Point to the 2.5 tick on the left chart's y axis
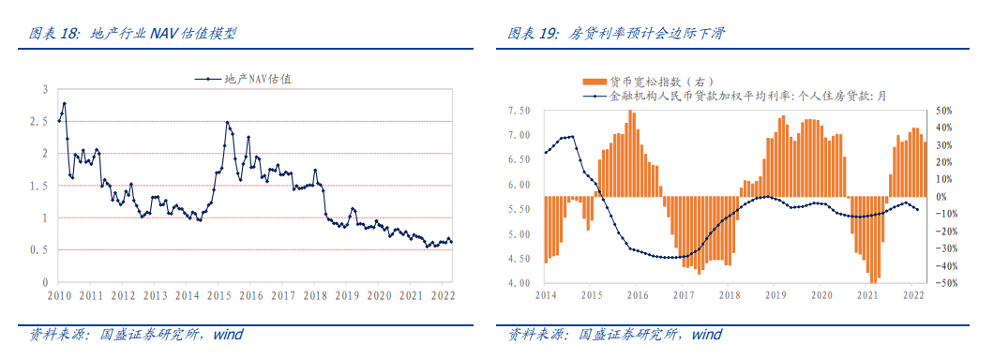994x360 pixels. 39,121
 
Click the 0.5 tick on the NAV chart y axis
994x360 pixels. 39,250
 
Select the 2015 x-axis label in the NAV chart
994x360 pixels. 218,295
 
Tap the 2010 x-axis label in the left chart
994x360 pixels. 59,295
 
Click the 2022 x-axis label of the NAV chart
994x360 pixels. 442,295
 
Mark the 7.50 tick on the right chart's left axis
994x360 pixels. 519,111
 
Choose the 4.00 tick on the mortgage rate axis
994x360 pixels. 519,283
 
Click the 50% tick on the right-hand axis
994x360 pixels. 945,111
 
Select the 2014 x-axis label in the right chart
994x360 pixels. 546,295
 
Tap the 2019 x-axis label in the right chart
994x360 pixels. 776,295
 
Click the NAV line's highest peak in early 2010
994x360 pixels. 64,103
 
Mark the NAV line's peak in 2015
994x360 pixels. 227,122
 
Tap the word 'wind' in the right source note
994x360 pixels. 706,334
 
